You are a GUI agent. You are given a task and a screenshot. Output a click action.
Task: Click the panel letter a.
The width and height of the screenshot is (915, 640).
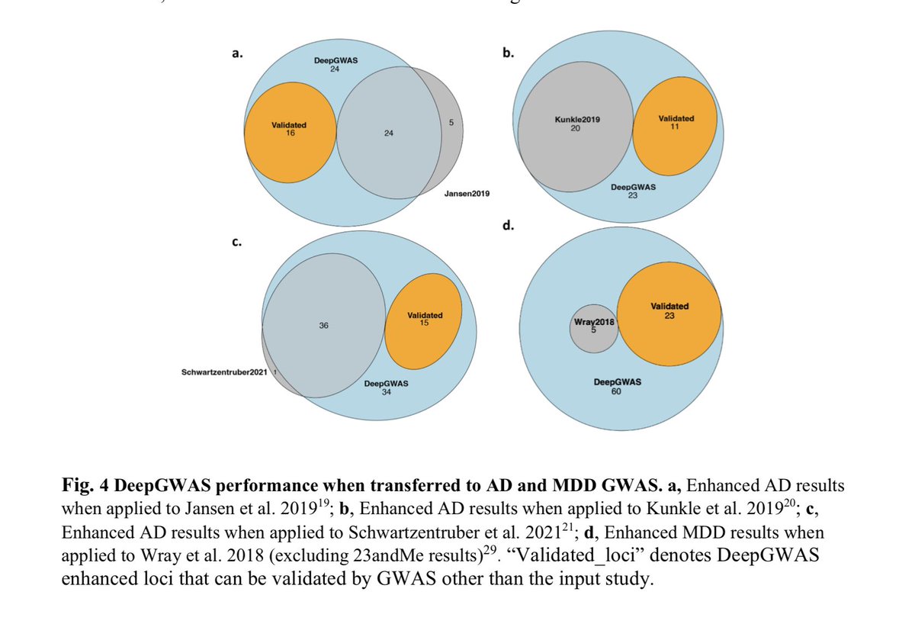point(236,54)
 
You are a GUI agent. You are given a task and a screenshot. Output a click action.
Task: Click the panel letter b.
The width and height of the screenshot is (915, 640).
point(508,54)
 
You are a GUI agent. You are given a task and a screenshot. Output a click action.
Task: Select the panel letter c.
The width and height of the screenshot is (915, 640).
point(236,243)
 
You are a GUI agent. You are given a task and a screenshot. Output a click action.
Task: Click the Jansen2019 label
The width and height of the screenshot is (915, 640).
point(466,195)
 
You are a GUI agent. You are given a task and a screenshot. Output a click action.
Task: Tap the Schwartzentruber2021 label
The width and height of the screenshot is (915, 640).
point(224,371)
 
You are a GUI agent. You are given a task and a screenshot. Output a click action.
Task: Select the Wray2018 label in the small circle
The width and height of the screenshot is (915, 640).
point(594,322)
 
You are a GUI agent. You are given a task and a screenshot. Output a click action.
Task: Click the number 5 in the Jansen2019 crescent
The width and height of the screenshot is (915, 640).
point(451,122)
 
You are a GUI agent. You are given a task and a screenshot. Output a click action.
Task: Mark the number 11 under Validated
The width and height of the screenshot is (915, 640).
point(676,127)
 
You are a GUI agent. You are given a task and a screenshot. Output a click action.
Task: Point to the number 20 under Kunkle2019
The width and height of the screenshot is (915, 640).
point(575,128)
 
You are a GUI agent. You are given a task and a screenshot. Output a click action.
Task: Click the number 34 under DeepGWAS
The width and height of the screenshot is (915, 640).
point(387,393)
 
